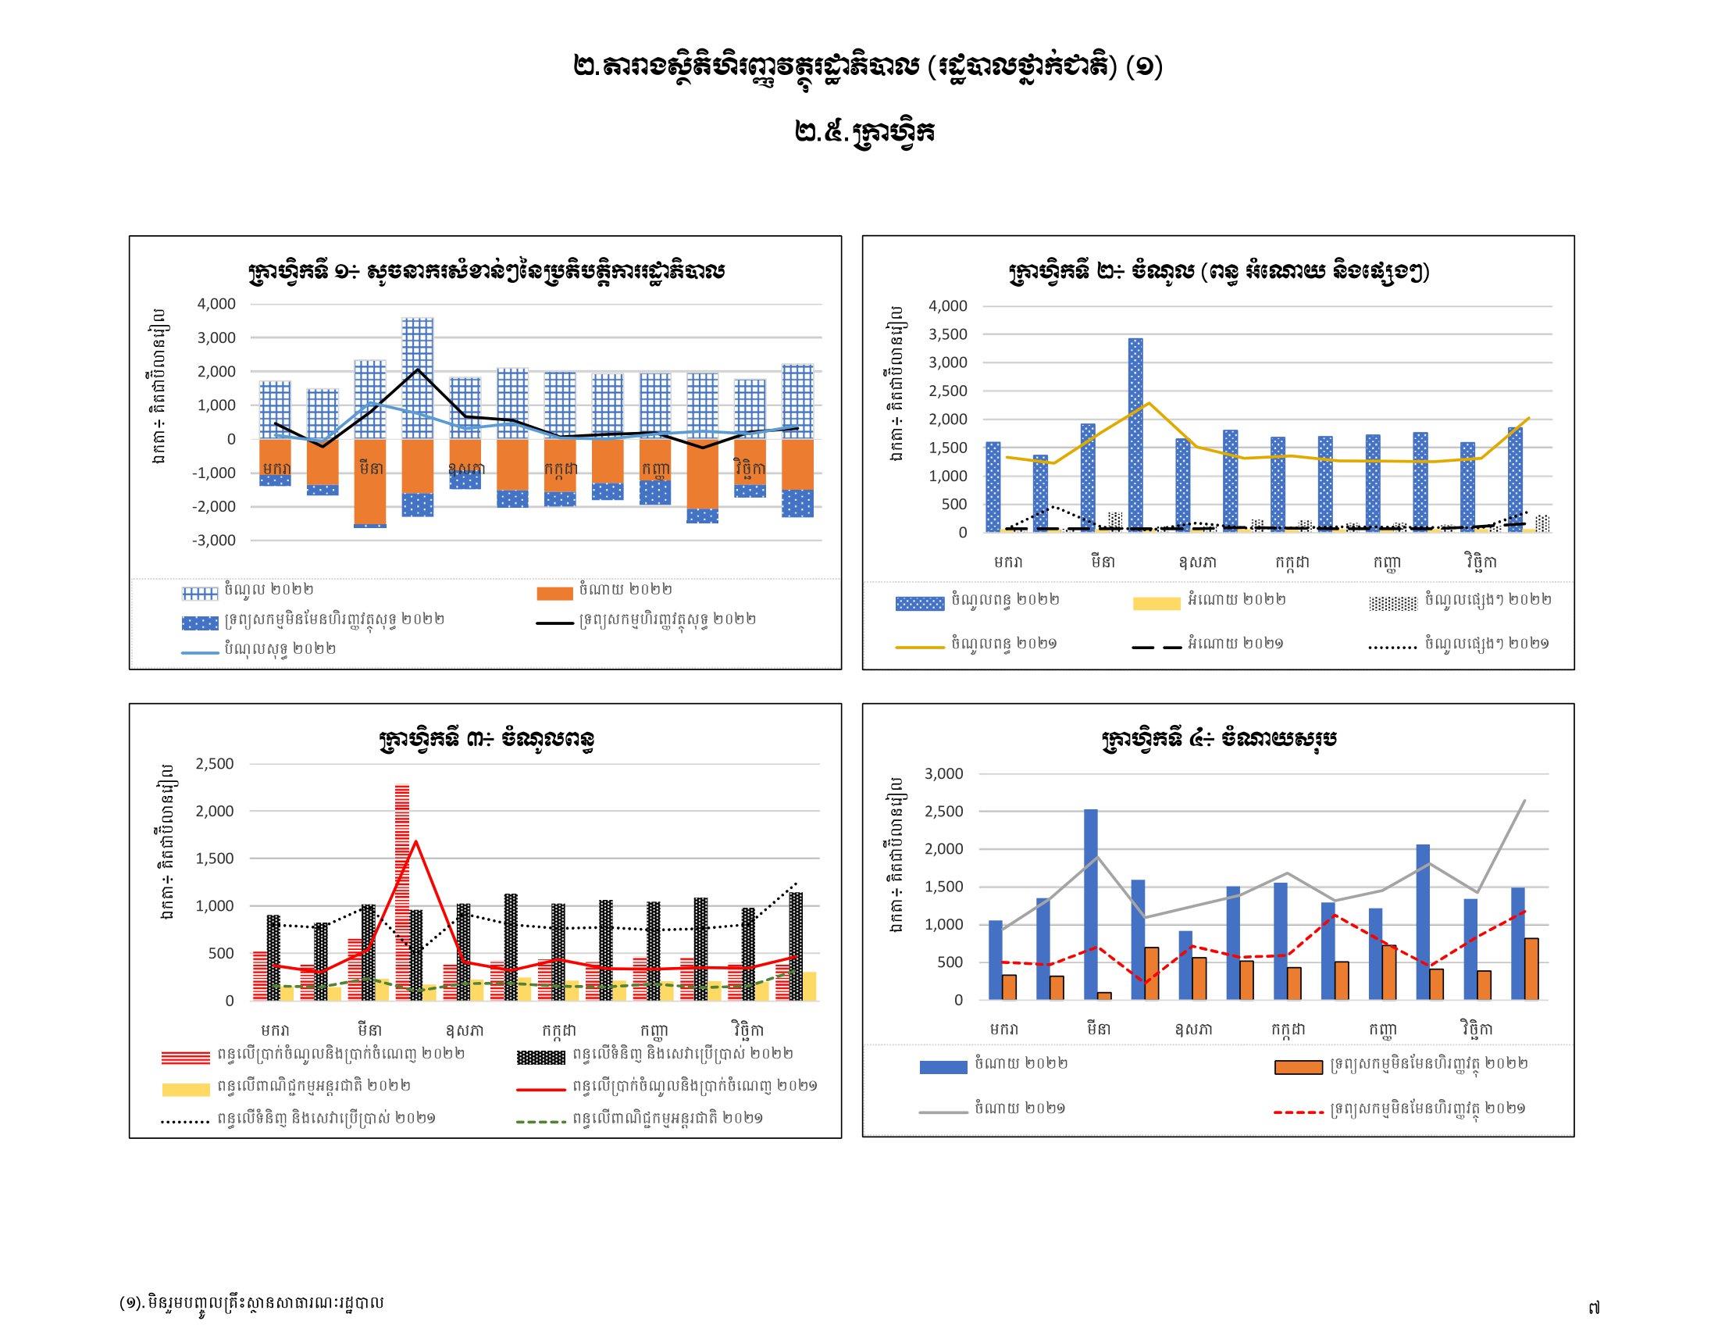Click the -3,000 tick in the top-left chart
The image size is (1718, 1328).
click(213, 541)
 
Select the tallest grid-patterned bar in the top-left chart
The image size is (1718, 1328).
click(417, 377)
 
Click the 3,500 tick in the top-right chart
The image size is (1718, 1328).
click(948, 334)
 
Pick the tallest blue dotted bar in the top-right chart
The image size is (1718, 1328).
click(1135, 434)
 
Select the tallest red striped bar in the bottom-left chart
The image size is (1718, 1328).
click(402, 892)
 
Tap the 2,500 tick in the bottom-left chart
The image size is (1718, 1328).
click(215, 763)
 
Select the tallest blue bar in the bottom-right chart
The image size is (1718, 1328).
click(1090, 904)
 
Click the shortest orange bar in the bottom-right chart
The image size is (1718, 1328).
click(1104, 995)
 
